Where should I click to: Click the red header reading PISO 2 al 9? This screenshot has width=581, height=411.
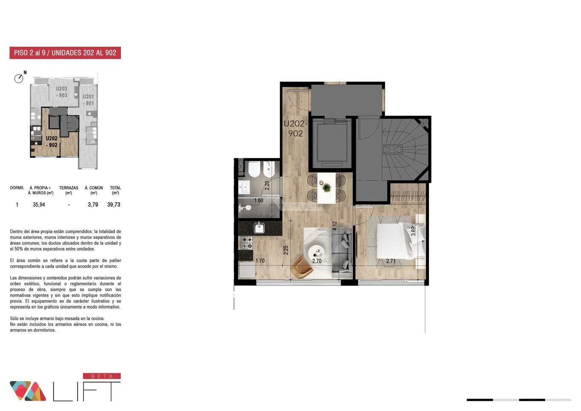(x=65, y=53)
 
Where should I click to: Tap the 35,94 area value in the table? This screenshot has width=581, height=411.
(x=39, y=205)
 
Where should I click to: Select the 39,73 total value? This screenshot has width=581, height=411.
(x=114, y=205)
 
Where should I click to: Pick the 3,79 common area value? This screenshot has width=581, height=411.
(x=93, y=205)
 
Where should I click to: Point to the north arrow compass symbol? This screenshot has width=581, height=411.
(x=20, y=77)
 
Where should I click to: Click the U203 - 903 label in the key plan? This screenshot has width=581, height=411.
(x=61, y=92)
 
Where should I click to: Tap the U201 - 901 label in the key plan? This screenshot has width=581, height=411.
(x=88, y=100)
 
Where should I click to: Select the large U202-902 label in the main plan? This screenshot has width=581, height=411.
(x=295, y=129)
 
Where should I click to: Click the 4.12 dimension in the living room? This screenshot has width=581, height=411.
(x=335, y=226)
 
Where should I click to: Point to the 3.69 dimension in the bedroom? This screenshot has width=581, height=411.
(x=413, y=231)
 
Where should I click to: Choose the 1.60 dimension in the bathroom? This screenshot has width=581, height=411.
(x=259, y=201)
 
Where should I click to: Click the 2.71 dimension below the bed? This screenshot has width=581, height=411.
(x=391, y=261)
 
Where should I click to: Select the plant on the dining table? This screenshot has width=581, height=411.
(x=326, y=187)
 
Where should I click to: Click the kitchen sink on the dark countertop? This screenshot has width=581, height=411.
(x=259, y=228)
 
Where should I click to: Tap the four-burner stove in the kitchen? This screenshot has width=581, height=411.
(x=247, y=243)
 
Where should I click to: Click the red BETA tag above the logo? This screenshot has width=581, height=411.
(x=102, y=376)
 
